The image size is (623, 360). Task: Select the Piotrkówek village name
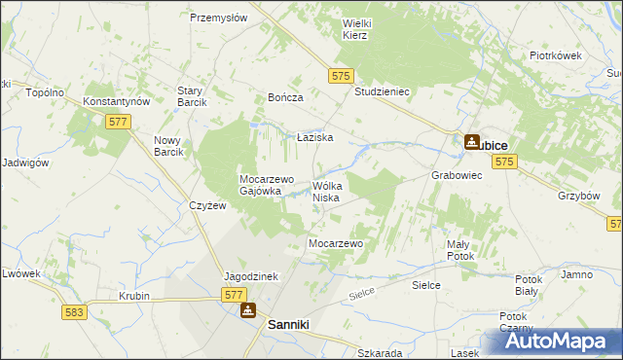tap(555, 55)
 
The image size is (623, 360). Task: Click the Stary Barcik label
tap(189, 96)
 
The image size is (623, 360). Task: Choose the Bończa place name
tap(286, 98)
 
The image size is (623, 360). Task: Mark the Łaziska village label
tap(315, 138)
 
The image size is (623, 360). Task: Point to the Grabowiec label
tap(457, 176)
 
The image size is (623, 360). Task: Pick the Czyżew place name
tap(208, 206)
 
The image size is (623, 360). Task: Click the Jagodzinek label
tap(251, 276)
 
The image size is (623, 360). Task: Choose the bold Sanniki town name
tap(288, 329)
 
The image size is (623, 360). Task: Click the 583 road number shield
tap(72, 312)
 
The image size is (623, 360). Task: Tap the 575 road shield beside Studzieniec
tap(340, 74)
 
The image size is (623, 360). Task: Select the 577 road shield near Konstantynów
tap(118, 121)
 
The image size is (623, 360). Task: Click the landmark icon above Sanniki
tap(248, 310)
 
